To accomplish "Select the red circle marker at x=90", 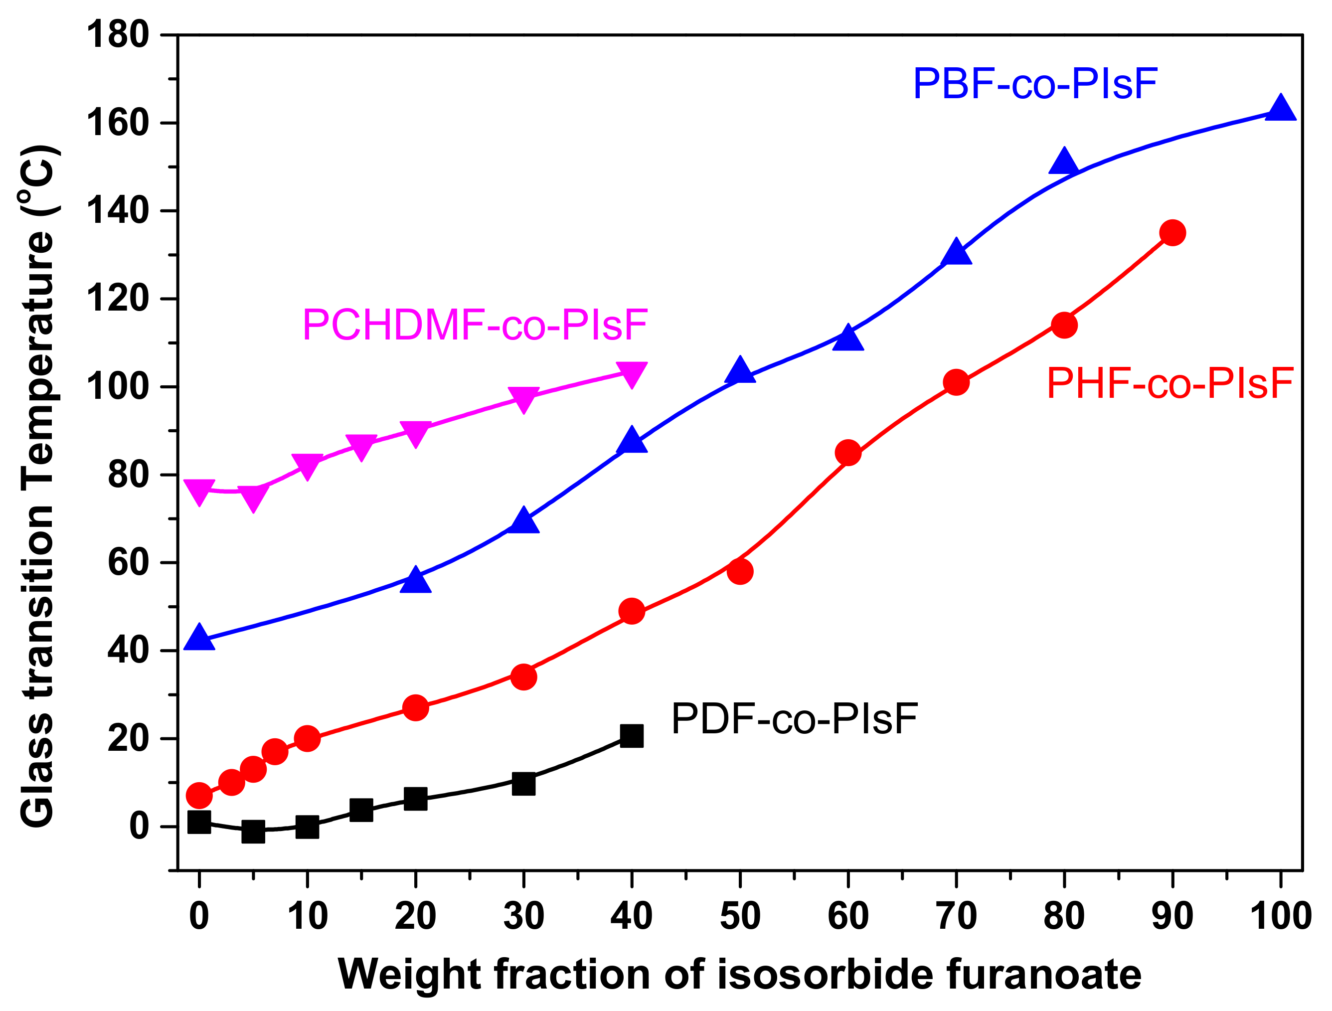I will pos(1172,232).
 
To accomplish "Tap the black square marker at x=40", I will pos(632,736).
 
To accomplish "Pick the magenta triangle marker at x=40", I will pos(632,373).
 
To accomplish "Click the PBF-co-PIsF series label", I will pos(1035,84).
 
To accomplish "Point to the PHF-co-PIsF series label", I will pos(1170,383).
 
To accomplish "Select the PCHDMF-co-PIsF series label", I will pos(475,325).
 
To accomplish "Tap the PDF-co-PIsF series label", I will pos(794,719).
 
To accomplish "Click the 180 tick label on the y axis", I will pos(118,35).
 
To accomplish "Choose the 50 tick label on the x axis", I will pos(740,916).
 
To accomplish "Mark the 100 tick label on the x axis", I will pos(1281,916).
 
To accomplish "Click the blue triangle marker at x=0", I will pos(199,638).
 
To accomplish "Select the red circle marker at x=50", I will pos(740,571).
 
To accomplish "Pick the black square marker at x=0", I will pos(199,823).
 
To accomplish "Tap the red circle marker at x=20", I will pos(415,708).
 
